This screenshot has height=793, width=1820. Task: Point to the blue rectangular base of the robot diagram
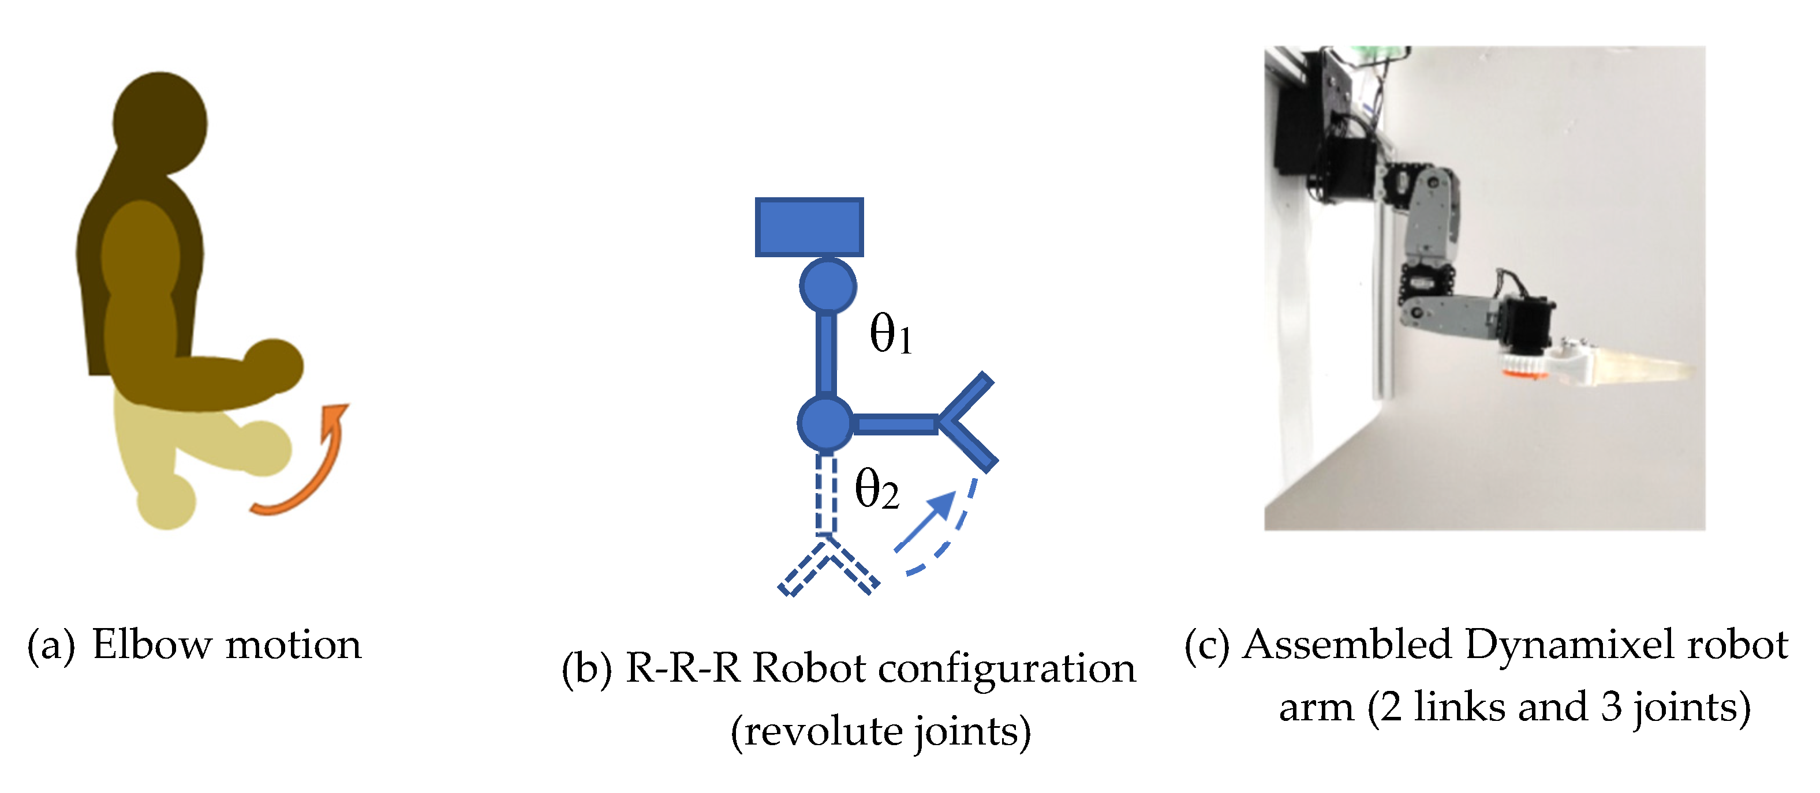point(809,227)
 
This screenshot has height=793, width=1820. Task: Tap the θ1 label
point(890,333)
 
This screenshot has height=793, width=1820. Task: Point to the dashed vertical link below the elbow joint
point(826,494)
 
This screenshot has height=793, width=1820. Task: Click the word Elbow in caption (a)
point(152,645)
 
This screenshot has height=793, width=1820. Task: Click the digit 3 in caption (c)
point(1612,707)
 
